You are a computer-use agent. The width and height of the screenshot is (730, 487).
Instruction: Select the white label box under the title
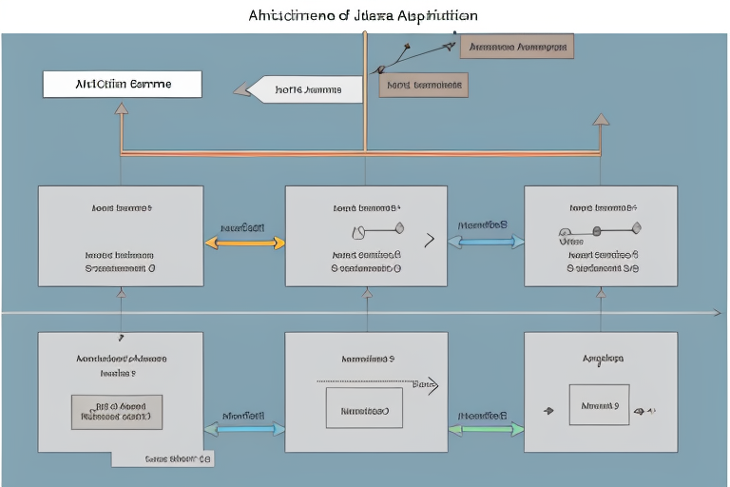122,84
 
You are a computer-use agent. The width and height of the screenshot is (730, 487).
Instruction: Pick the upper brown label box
517,46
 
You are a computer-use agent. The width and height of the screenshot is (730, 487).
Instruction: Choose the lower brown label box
424,86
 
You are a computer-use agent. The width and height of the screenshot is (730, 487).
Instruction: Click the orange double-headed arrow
244,243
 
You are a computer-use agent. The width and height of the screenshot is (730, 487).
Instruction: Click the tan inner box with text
117,410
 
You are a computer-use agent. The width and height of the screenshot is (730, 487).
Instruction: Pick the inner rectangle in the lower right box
599,405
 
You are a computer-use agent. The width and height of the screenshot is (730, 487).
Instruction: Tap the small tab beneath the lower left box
163,458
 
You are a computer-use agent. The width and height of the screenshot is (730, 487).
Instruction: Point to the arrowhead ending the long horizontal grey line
718,312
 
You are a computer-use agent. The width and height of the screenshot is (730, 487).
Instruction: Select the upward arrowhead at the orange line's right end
600,120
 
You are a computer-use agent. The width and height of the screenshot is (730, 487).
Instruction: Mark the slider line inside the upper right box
601,229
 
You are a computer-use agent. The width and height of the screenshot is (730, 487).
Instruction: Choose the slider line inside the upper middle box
377,228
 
